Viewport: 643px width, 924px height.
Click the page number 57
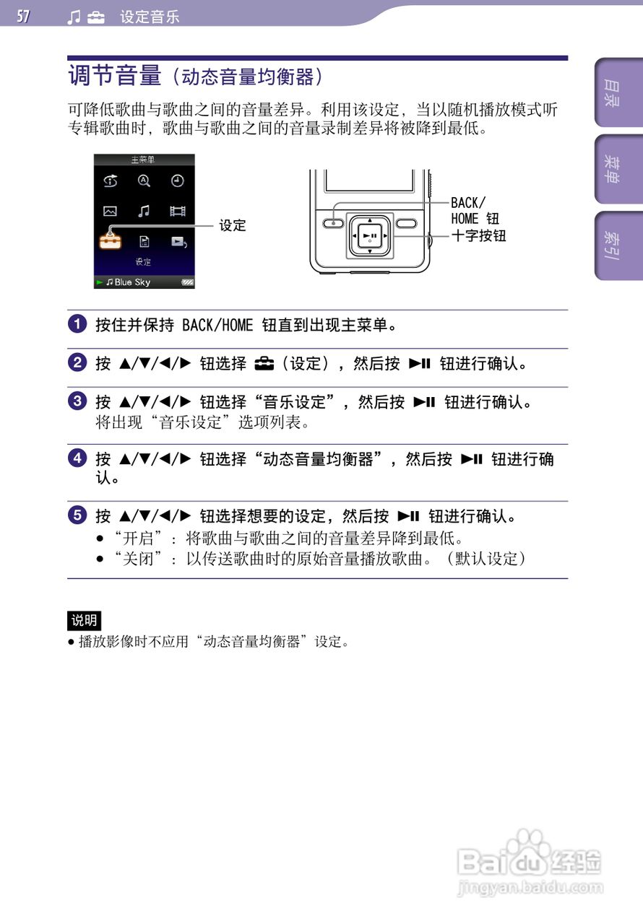pyautogui.click(x=24, y=16)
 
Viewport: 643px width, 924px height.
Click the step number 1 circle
pyautogui.click(x=77, y=324)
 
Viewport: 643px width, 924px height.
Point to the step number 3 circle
pyautogui.click(x=77, y=402)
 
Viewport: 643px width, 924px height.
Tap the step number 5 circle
pyautogui.click(x=77, y=516)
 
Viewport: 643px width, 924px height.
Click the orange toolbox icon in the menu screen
pyautogui.click(x=111, y=240)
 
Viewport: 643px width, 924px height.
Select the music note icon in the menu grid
pyautogui.click(x=144, y=211)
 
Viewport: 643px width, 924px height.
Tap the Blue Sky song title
pyautogui.click(x=132, y=282)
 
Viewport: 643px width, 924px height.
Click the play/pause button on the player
pyautogui.click(x=370, y=236)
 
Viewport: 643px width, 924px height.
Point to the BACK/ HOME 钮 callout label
pyautogui.click(x=474, y=210)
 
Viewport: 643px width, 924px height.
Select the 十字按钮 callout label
pyautogui.click(x=478, y=235)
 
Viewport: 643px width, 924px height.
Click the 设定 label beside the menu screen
pyautogui.click(x=233, y=225)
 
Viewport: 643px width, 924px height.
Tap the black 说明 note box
pyautogui.click(x=84, y=620)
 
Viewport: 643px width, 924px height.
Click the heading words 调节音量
pyautogui.click(x=115, y=76)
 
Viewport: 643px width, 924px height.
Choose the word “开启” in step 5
pyautogui.click(x=137, y=539)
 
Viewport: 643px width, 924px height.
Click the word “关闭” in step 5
pyautogui.click(x=137, y=559)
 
